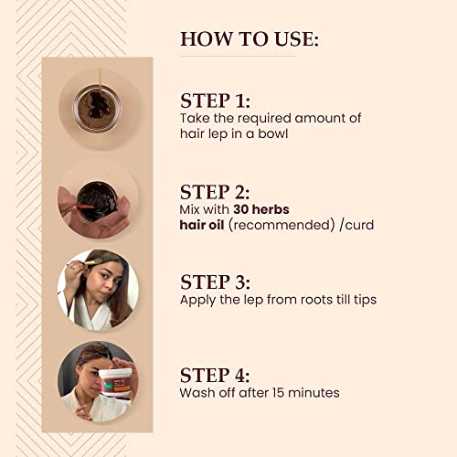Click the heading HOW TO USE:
point(250,39)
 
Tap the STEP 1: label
point(215,101)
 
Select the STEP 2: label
point(215,192)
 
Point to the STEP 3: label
point(215,282)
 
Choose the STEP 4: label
point(215,375)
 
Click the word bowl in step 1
point(273,133)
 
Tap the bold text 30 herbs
point(261,209)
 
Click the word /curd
point(356,225)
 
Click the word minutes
point(314,393)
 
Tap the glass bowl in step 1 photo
point(97,108)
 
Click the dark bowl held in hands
point(97,200)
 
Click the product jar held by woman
point(115,382)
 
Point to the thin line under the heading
point(238,57)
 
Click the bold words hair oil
point(202,225)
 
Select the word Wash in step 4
point(197,393)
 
